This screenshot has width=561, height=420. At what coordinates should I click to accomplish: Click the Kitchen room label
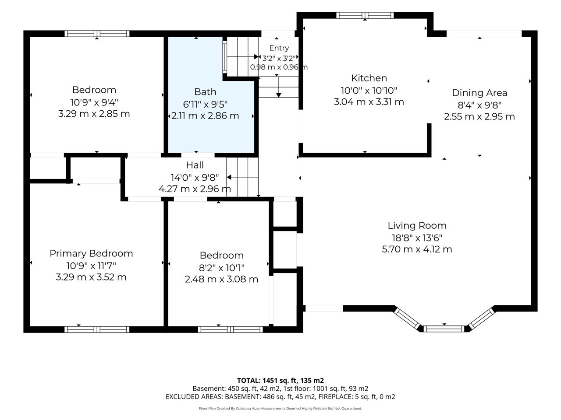click(x=369, y=78)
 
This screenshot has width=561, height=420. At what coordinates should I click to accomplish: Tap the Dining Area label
click(x=479, y=93)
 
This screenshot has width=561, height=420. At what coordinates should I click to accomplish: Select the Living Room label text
click(x=417, y=226)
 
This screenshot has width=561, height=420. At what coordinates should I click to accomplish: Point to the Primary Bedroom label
click(x=91, y=253)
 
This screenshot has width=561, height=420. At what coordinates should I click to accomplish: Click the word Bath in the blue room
click(x=205, y=92)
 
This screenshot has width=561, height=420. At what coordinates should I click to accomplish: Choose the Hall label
click(x=195, y=165)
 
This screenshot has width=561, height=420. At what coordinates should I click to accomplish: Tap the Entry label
click(x=279, y=48)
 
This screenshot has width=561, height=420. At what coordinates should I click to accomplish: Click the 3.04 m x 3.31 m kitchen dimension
click(x=369, y=102)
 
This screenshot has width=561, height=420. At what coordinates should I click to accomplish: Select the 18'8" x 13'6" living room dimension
click(x=417, y=238)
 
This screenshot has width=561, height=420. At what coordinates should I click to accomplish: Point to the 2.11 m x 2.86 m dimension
click(x=205, y=116)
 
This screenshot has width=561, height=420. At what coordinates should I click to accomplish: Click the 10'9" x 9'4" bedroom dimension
click(x=94, y=102)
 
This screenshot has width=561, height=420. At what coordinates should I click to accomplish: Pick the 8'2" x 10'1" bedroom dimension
click(x=222, y=268)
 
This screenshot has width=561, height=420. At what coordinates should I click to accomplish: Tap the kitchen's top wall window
click(x=365, y=15)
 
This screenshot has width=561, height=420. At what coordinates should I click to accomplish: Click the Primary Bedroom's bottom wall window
click(x=97, y=329)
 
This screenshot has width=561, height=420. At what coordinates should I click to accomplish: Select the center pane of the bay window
click(x=444, y=329)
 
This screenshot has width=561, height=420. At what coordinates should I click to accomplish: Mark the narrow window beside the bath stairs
click(x=225, y=57)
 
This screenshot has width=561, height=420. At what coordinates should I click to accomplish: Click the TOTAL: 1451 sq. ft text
click(x=267, y=381)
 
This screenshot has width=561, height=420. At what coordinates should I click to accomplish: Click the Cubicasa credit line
click(x=280, y=409)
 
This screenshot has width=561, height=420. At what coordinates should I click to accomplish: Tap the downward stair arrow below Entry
click(x=279, y=87)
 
